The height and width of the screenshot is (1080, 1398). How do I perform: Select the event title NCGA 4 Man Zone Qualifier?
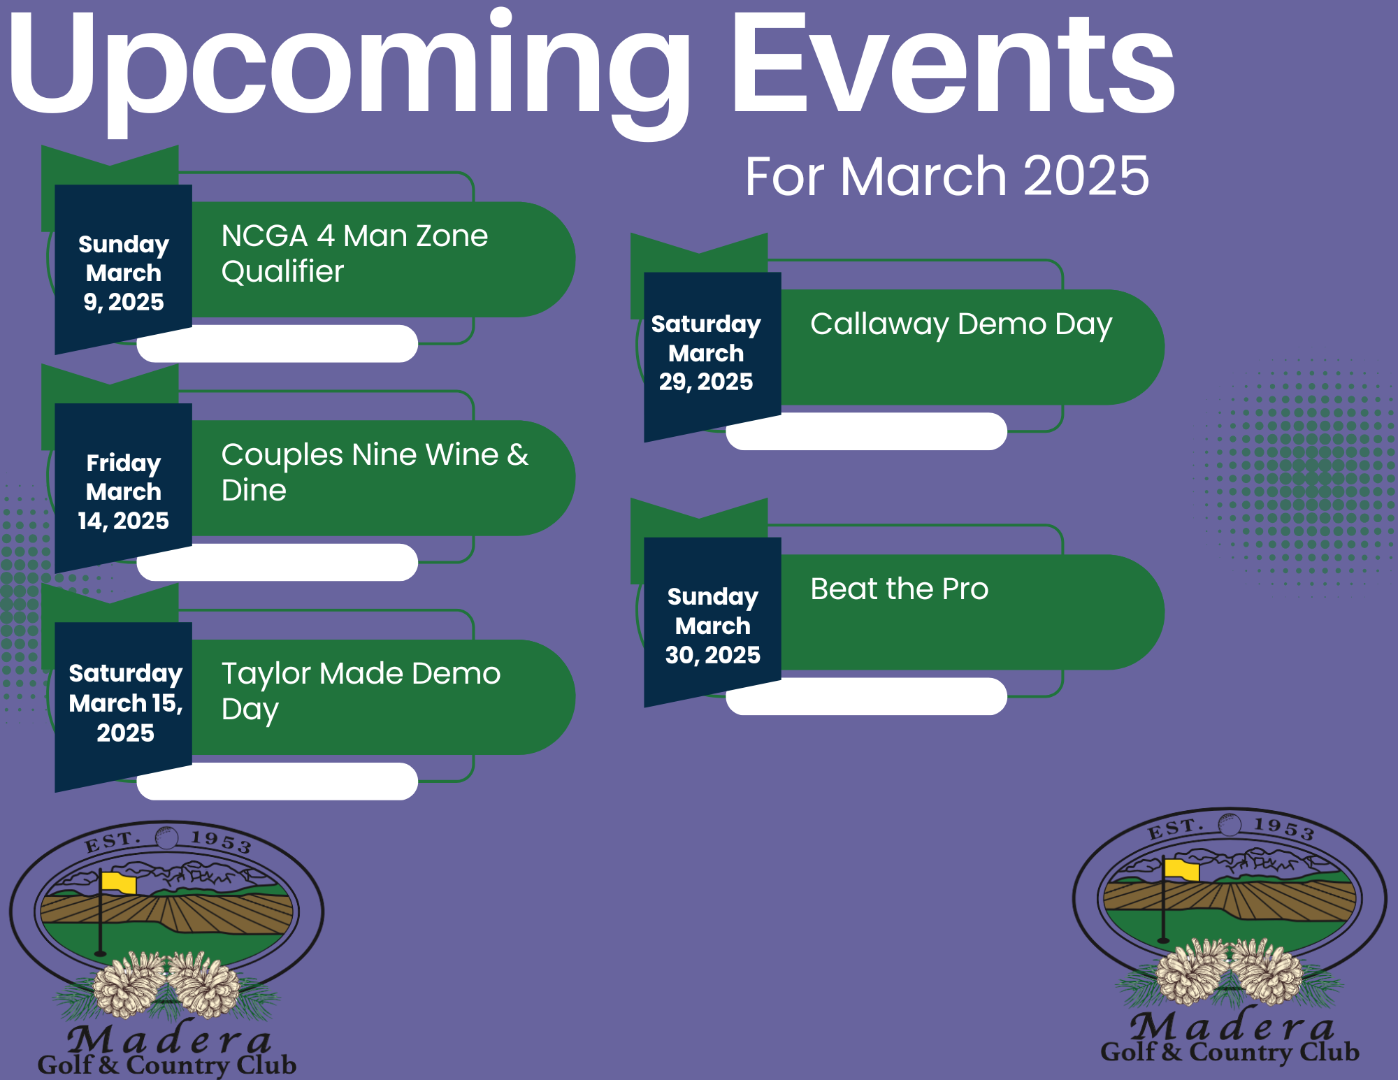coord(354,254)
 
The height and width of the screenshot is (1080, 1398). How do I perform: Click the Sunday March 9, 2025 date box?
coord(124,269)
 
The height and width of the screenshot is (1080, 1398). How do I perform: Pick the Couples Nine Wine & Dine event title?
coord(375,473)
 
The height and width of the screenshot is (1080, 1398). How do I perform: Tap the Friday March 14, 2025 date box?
coord(124,488)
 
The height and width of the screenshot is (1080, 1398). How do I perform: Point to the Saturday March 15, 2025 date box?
coord(124,707)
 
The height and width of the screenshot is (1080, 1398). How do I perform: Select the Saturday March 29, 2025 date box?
coord(712,357)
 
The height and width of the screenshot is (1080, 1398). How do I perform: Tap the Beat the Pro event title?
coord(900,589)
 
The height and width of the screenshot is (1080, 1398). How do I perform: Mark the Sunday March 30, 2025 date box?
coord(712,622)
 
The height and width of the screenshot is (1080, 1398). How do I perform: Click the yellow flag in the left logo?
coord(118,882)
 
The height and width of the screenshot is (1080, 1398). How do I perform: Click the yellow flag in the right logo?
coord(1181,869)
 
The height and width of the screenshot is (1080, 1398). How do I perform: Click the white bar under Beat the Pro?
coord(867,696)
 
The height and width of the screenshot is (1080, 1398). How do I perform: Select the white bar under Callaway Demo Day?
coord(867,431)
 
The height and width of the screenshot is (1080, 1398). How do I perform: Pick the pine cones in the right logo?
coord(1230,972)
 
